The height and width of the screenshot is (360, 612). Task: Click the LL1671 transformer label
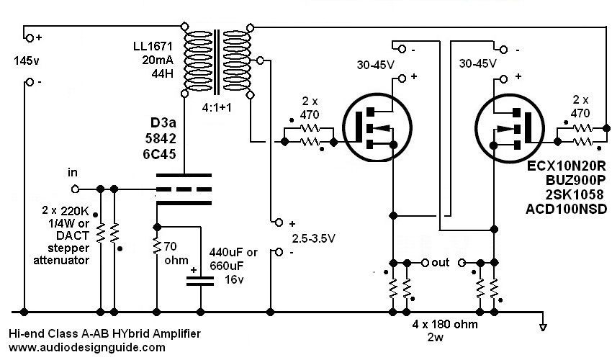(x=153, y=47)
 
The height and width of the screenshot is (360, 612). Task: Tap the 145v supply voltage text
(x=27, y=61)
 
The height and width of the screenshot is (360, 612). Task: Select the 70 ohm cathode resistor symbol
(x=157, y=246)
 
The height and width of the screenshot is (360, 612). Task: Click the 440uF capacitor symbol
(x=200, y=281)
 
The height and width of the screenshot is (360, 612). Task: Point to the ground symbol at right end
(x=543, y=327)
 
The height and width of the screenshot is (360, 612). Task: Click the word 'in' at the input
(x=72, y=172)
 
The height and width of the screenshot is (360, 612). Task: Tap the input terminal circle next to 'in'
(x=75, y=189)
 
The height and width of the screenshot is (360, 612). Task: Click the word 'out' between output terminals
(x=440, y=262)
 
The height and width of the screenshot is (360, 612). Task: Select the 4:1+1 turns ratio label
(x=217, y=107)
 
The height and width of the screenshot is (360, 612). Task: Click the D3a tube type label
(x=163, y=122)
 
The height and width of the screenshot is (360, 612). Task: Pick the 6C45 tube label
(x=159, y=154)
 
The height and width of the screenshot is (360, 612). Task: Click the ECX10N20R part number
(x=567, y=166)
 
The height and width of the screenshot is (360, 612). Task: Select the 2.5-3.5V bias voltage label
(x=314, y=238)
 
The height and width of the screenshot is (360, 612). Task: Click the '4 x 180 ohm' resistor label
(x=445, y=324)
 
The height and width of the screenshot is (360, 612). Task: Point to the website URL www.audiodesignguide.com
(x=86, y=348)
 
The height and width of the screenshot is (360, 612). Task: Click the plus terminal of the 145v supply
(x=30, y=38)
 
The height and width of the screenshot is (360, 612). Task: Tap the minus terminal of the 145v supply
(x=30, y=82)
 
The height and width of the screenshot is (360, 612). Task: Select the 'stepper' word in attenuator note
(x=68, y=248)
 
